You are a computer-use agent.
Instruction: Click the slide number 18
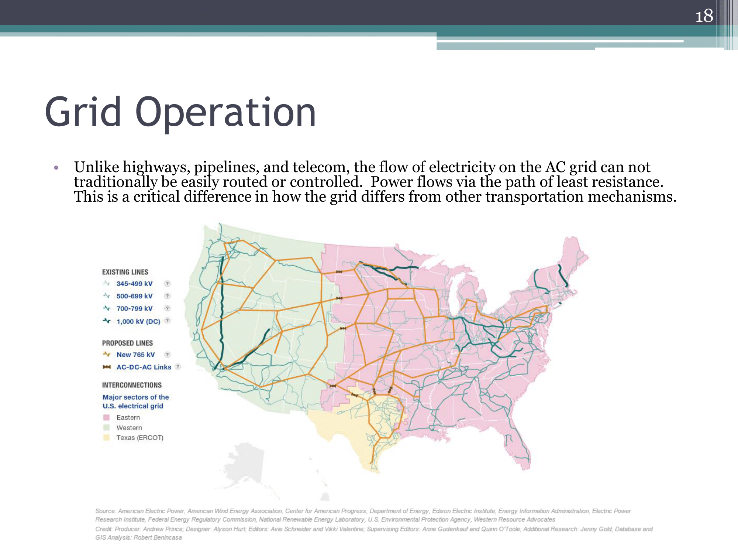point(704,16)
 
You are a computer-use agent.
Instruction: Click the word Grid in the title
point(83,112)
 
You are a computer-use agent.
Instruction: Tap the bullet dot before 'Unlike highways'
point(56,168)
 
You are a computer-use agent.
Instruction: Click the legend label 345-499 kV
point(134,284)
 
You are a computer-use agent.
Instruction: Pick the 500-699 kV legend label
point(134,296)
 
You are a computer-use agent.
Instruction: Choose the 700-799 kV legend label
point(134,308)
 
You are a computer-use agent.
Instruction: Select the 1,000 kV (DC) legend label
point(138,321)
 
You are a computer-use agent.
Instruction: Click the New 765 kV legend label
point(135,355)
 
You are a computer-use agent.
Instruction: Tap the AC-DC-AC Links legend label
point(144,367)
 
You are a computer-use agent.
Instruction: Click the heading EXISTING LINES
point(125,272)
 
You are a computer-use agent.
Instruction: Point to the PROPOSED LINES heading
point(127,343)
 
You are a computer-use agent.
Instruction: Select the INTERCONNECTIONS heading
point(132,385)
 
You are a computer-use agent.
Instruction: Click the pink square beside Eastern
point(107,418)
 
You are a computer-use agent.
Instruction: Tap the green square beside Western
point(107,428)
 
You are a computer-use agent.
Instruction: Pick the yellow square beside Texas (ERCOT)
point(107,438)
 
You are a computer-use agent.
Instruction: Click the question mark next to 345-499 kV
point(168,284)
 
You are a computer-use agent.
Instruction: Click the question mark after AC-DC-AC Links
point(178,367)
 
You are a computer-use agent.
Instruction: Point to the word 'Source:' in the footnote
point(106,511)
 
